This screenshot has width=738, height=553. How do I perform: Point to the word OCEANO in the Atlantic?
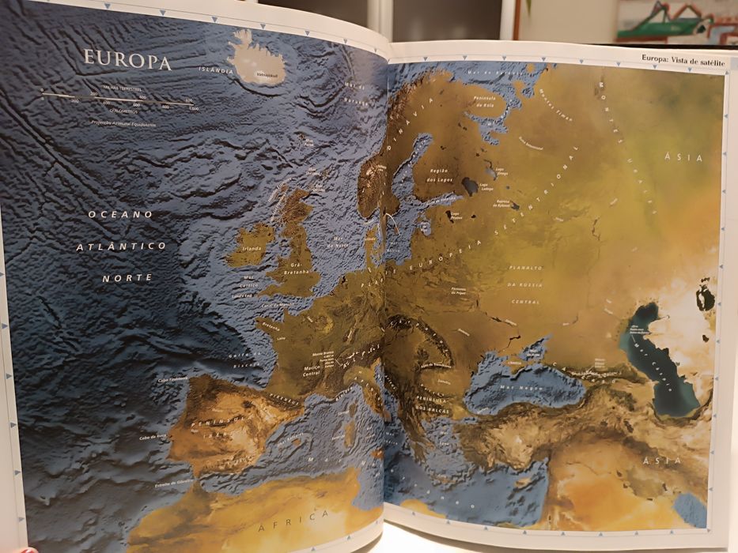click(x=120, y=214)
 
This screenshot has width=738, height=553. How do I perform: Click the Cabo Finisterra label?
click(x=175, y=380)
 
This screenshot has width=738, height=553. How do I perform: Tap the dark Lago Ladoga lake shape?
click(x=470, y=186)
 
